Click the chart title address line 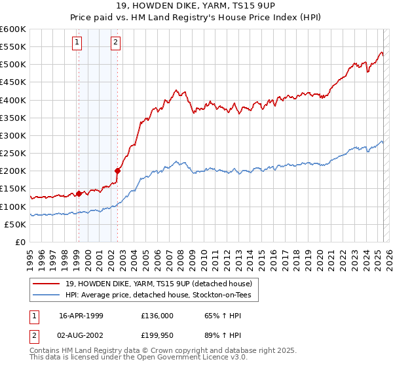click(196, 6)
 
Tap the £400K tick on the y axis click(13, 100)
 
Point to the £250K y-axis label click(13, 153)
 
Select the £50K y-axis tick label click(15, 224)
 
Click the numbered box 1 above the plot click(77, 43)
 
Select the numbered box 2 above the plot click(115, 43)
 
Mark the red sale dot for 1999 click(79, 193)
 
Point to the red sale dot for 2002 click(117, 171)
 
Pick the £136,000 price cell click(157, 316)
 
